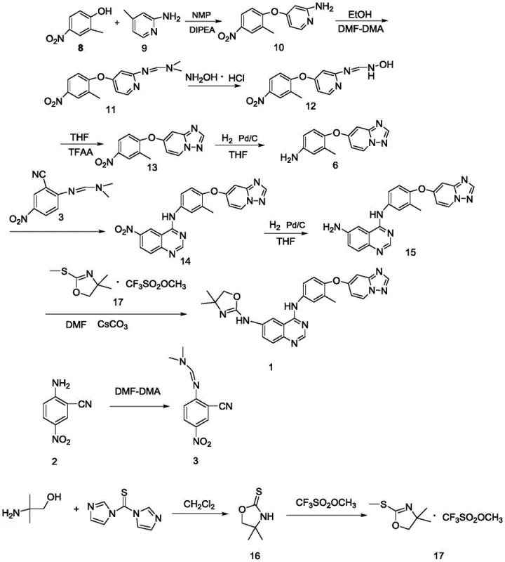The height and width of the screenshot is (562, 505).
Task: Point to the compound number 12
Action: point(309,107)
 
